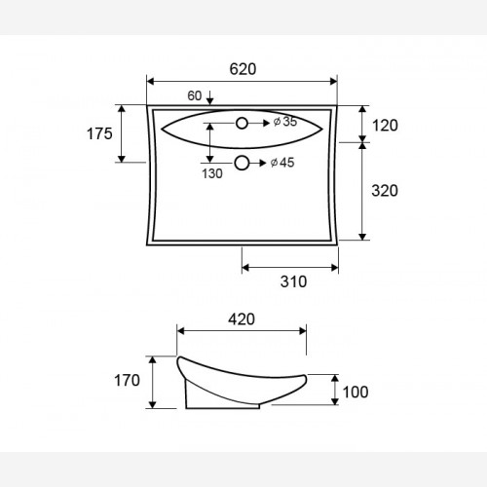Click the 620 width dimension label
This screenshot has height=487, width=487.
(243, 69)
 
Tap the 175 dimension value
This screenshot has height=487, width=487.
(99, 133)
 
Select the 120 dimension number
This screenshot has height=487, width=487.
(385, 126)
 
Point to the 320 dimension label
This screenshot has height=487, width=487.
(385, 191)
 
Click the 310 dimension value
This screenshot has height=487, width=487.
(293, 281)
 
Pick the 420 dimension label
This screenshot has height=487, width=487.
(242, 319)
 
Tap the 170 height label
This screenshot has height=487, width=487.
(127, 380)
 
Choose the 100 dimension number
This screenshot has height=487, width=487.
(356, 393)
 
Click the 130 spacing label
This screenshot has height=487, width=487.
(212, 173)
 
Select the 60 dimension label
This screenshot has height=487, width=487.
(195, 95)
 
